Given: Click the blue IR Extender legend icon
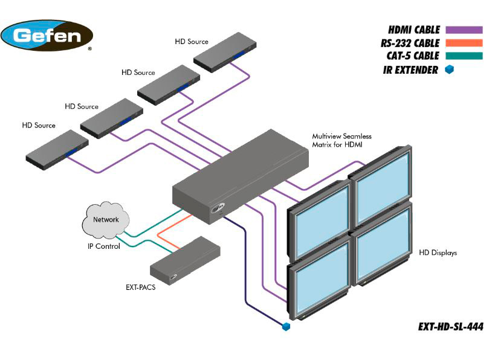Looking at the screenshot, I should point(449,70).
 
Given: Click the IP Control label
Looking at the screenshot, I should point(104,246).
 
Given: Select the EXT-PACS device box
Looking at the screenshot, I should point(184,260).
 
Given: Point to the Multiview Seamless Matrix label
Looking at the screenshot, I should point(341,141).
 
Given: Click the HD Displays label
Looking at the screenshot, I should point(438,253).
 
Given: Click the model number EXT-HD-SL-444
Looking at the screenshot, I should point(450,327).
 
